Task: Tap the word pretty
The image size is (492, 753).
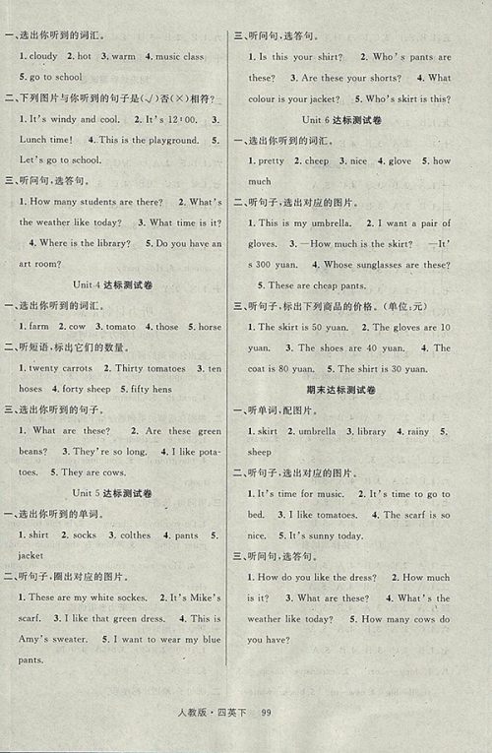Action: click(x=270, y=160)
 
